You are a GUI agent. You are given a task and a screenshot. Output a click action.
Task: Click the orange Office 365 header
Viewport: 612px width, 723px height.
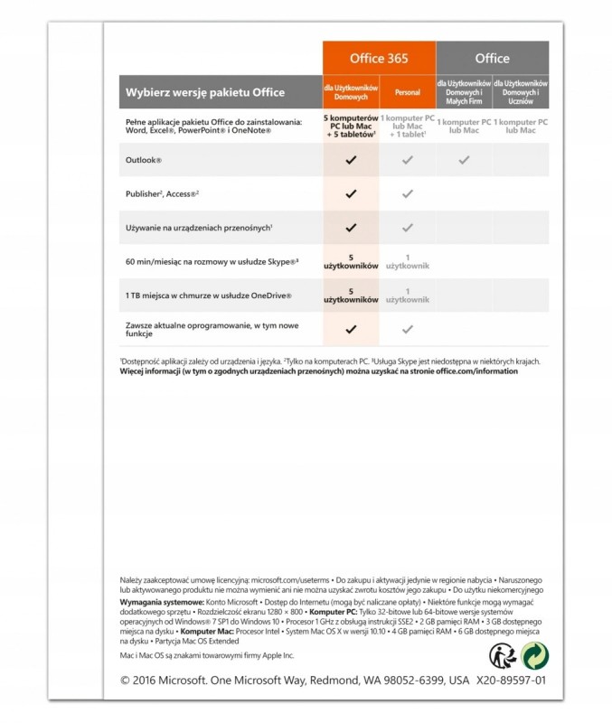[379, 58]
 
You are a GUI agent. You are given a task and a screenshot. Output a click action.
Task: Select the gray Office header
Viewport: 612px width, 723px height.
[492, 58]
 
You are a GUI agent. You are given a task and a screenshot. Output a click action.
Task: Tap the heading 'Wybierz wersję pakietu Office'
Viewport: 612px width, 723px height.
[205, 92]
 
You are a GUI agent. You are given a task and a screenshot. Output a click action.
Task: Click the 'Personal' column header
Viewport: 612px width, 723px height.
[407, 92]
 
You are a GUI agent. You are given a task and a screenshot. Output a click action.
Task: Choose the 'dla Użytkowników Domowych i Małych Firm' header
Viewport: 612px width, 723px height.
[464, 92]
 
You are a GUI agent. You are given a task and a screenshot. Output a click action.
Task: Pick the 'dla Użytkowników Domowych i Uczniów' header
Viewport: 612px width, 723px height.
[521, 92]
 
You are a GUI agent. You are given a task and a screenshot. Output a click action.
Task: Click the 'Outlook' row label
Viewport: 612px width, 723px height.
[144, 160]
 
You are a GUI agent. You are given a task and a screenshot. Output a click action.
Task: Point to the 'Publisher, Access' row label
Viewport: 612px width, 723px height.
[162, 193]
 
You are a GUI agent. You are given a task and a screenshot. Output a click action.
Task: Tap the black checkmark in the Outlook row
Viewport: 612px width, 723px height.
[351, 160]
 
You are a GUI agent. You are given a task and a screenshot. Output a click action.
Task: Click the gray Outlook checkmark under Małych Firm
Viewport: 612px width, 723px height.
[464, 160]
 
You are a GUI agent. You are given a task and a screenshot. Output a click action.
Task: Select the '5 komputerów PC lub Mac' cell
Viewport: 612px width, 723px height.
[351, 126]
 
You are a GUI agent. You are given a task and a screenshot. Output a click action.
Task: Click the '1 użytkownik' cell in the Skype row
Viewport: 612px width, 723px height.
[407, 261]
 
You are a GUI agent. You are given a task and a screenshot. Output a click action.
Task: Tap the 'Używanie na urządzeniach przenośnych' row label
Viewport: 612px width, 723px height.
[200, 228]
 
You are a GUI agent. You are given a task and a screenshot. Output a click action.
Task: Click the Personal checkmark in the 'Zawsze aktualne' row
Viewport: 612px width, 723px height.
[407, 329]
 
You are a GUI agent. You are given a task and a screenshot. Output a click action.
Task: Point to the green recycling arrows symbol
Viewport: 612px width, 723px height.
[534, 655]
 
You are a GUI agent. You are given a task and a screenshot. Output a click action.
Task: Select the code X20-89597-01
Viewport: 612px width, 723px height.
[510, 681]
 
